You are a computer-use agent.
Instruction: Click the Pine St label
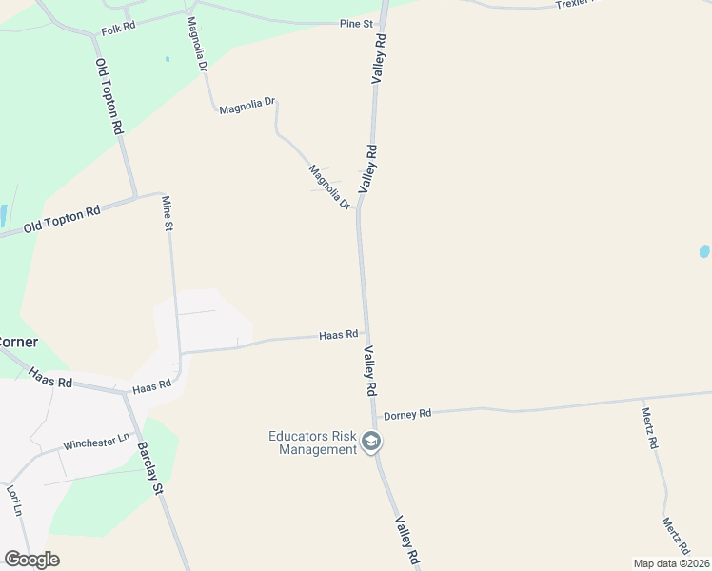355,23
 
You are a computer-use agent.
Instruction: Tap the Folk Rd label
118,30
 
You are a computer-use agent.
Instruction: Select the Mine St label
167,214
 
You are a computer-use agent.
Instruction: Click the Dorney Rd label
407,414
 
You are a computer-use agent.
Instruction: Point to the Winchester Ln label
96,443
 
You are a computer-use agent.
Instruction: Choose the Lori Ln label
14,501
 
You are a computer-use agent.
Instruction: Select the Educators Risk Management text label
312,443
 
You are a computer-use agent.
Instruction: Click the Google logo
31,560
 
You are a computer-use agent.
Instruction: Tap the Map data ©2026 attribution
671,562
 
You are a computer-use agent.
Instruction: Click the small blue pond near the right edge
704,251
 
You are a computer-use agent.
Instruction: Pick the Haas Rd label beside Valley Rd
339,335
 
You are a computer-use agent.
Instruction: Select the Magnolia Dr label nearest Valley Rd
330,187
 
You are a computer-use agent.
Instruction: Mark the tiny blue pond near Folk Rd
167,59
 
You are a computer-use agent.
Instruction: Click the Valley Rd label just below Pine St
379,59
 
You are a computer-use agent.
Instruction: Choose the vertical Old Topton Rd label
109,96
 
